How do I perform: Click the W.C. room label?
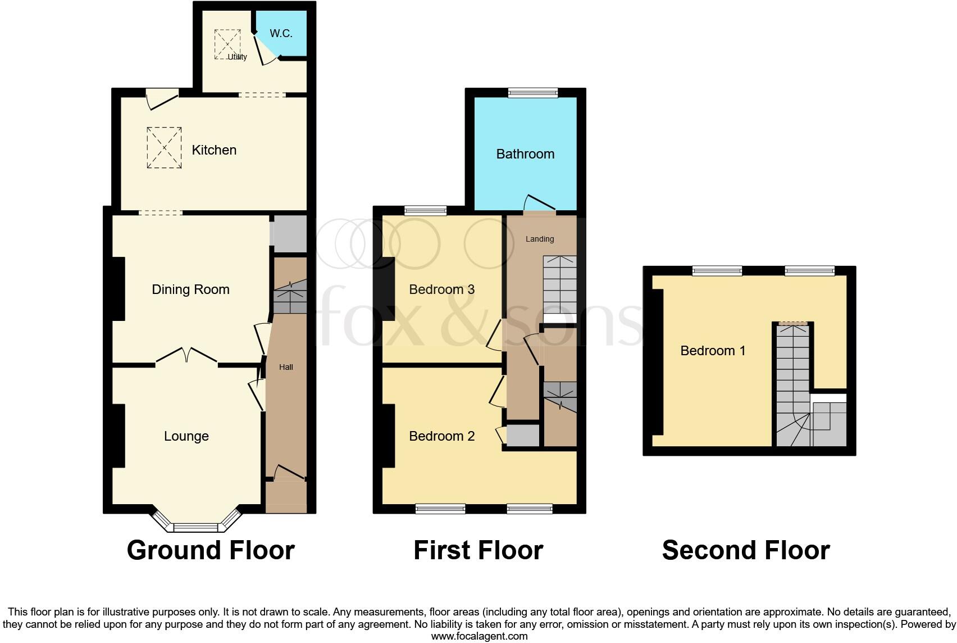[x=281, y=33]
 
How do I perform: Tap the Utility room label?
[x=237, y=57]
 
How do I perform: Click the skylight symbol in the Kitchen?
[x=164, y=148]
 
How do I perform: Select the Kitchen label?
[x=214, y=150]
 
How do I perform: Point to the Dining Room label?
[x=190, y=289]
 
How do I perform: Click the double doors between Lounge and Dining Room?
[x=186, y=356]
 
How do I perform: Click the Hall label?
[x=286, y=367]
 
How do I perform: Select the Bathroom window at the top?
[x=532, y=93]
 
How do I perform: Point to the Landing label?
[x=540, y=239]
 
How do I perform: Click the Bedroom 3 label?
[x=441, y=289]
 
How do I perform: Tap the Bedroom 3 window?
[x=425, y=211]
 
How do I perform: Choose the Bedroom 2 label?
[x=441, y=436]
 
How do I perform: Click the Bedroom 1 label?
[x=713, y=351]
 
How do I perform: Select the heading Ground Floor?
[x=211, y=550]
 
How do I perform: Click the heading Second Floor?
[x=745, y=550]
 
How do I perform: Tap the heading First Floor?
[x=478, y=550]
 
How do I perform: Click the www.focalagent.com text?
[x=479, y=636]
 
